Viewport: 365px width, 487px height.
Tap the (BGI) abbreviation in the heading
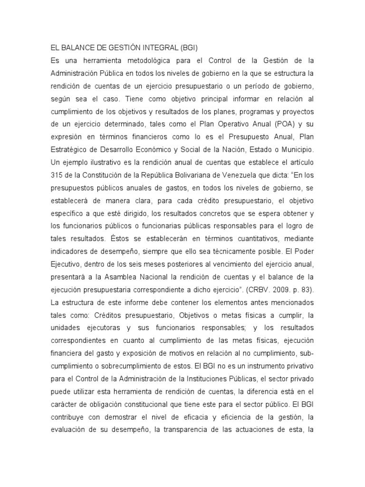click(187, 49)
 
